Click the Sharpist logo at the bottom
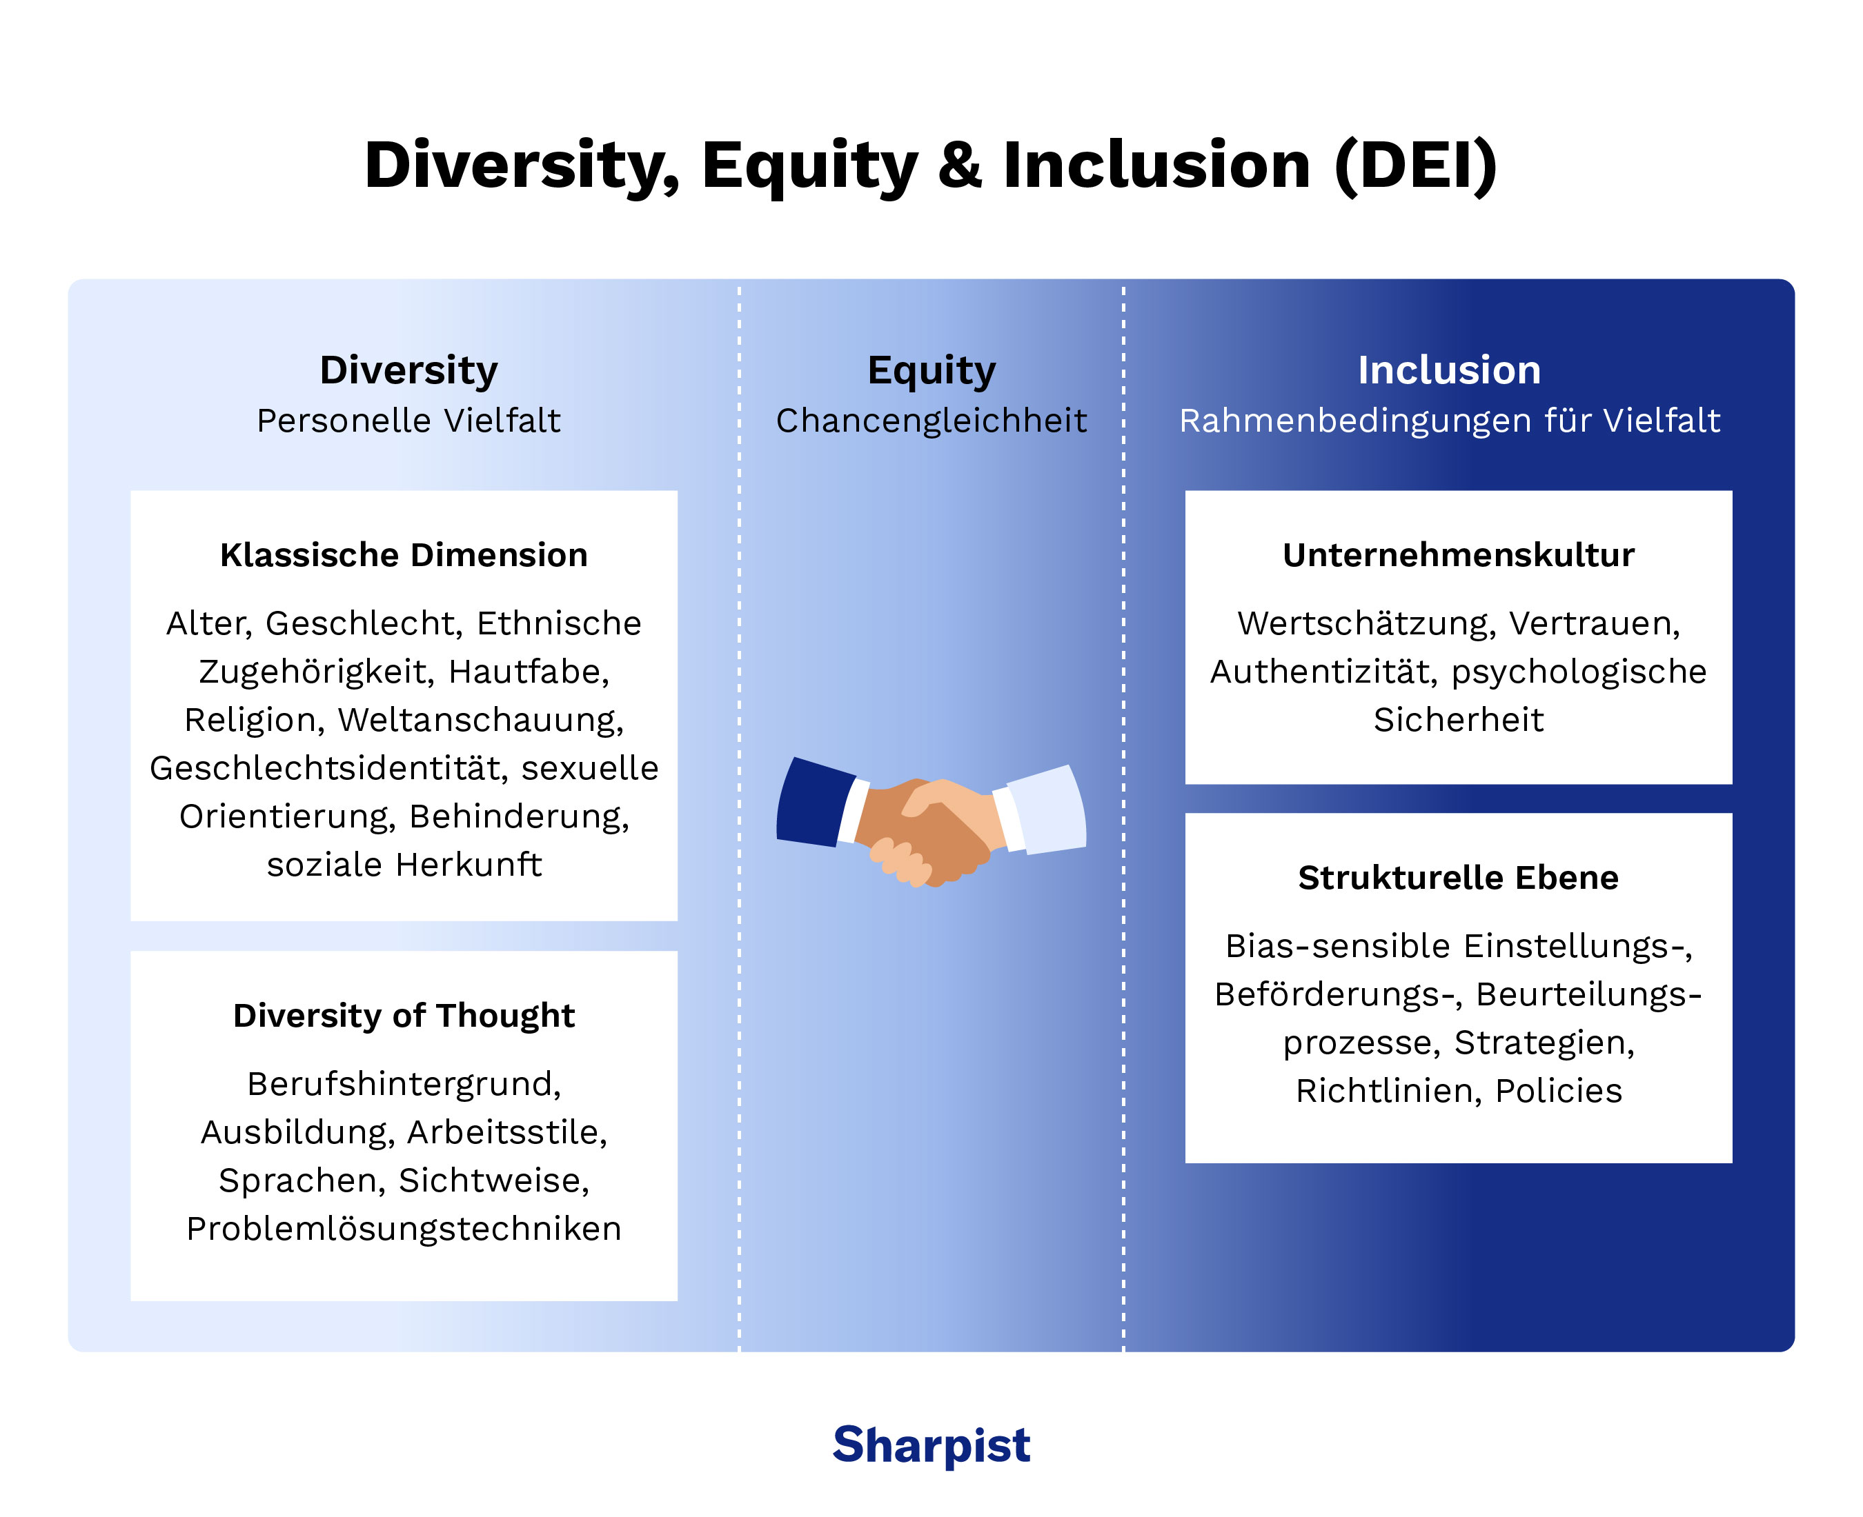pos(931,1445)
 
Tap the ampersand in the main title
pos(960,165)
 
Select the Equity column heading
pos(931,370)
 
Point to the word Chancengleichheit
pos(931,421)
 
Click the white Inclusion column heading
pos(1448,370)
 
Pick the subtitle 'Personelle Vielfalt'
pos(408,421)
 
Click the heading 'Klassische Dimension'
pos(404,555)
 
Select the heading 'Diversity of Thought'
pos(404,1016)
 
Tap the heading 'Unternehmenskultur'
pos(1458,555)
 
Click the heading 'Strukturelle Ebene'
pos(1458,877)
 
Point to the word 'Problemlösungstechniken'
pos(404,1229)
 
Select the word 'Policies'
pos(1559,1092)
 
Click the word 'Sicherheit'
pos(1458,720)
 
